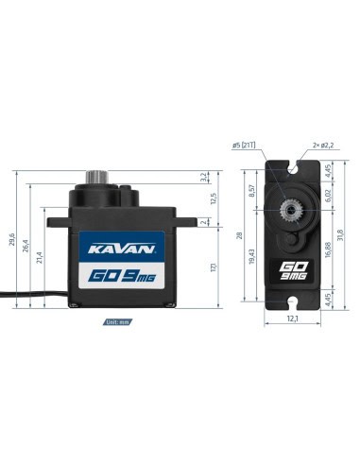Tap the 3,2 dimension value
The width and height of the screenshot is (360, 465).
click(x=204, y=177)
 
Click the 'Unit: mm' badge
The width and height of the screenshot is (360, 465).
click(x=118, y=322)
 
